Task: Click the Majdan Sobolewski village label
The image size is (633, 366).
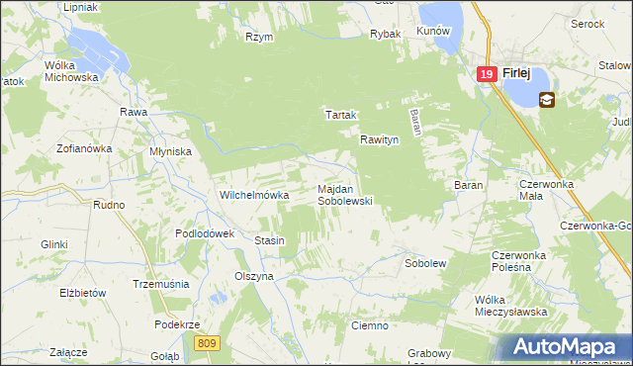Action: click(343, 194)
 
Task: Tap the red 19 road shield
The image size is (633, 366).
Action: click(486, 74)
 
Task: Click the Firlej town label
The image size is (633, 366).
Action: click(518, 73)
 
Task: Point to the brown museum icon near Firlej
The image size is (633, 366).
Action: click(547, 99)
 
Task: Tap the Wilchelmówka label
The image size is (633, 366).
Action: click(253, 195)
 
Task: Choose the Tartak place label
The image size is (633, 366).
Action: click(340, 115)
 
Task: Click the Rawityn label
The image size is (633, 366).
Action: click(379, 140)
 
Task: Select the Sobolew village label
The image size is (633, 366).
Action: click(426, 264)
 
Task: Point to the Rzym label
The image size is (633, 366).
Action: click(259, 37)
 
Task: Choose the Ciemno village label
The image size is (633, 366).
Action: click(370, 324)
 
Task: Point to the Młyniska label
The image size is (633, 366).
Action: click(169, 151)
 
